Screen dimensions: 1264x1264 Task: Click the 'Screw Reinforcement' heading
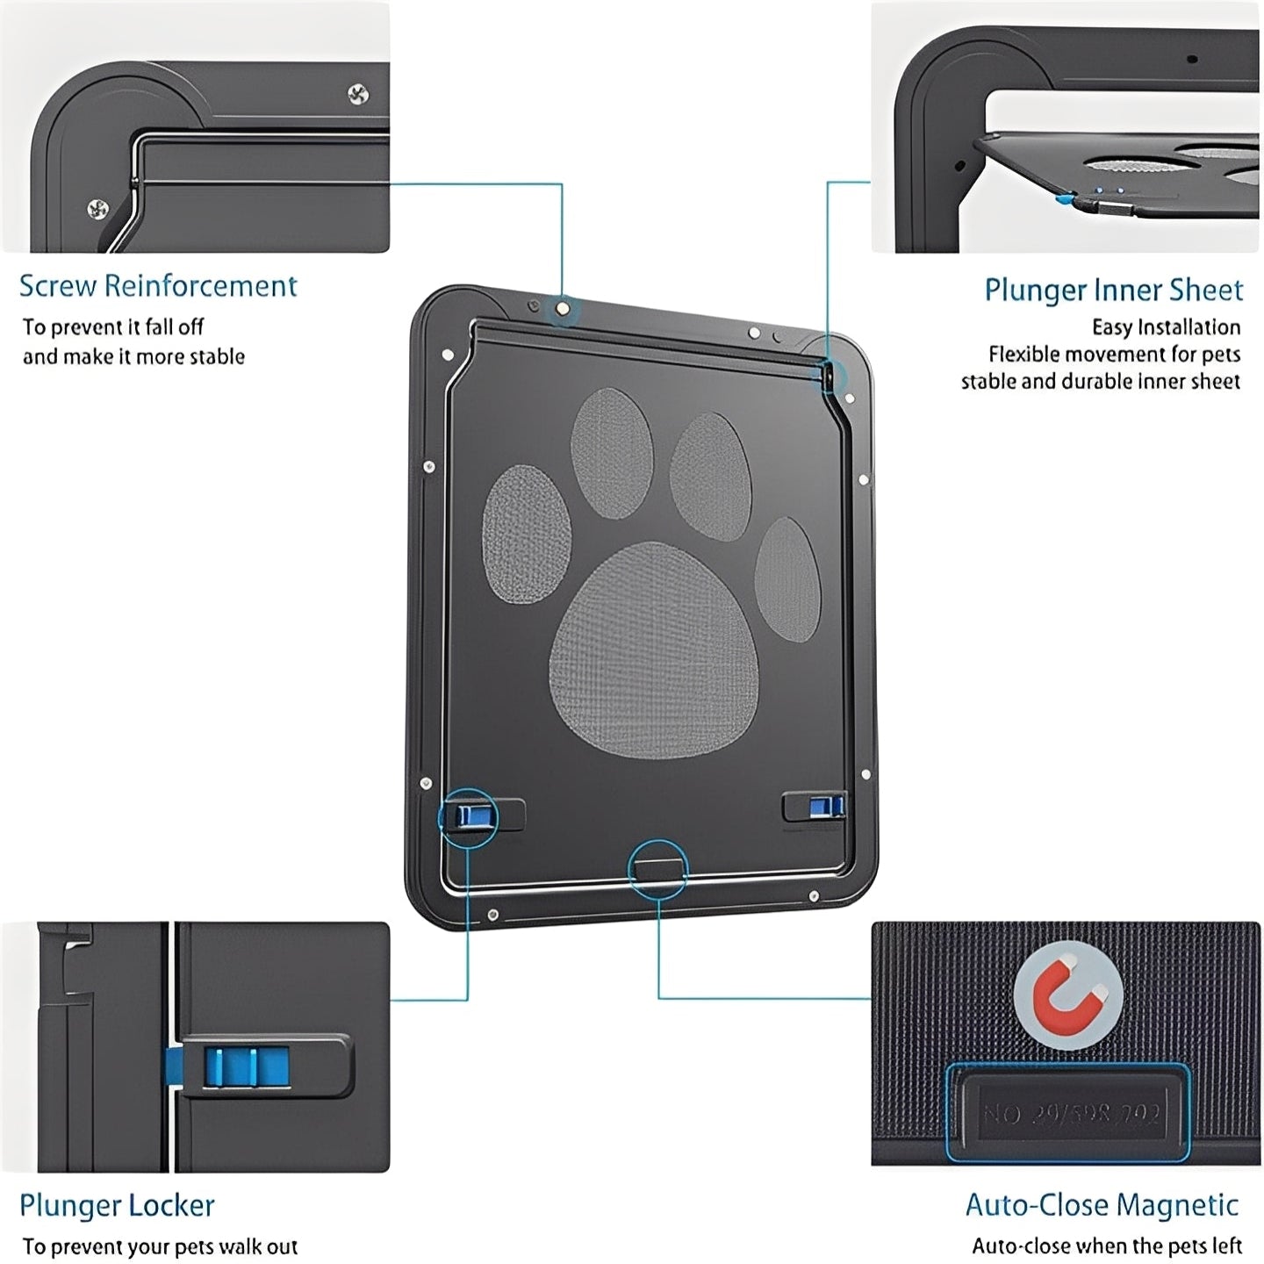158,286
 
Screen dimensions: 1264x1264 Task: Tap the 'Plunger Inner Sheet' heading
1113,290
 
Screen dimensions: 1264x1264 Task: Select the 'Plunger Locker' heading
117,1205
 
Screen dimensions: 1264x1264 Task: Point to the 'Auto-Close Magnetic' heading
1102,1205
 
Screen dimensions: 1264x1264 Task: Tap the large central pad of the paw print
654,650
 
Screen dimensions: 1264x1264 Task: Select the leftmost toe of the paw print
526,534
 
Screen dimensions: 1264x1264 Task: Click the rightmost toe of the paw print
787,577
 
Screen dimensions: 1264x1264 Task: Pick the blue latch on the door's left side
468,816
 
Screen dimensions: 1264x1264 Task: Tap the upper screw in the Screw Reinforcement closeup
357,93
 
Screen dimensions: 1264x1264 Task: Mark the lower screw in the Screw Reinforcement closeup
98,209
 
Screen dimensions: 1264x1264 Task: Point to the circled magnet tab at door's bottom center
658,868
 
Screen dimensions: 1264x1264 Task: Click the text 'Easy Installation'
1166,327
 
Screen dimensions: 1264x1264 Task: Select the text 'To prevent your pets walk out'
160,1246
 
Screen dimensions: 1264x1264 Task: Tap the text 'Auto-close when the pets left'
1106,1246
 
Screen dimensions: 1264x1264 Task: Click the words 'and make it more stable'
133,356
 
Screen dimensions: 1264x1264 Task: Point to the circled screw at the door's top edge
563,309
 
